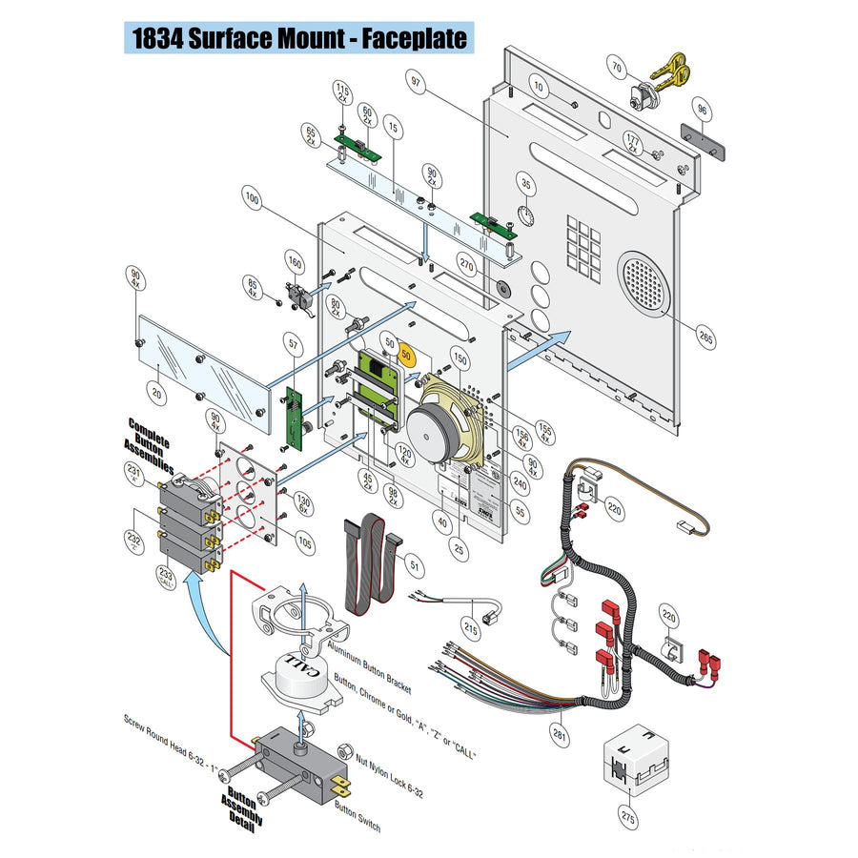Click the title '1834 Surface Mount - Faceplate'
coord(299,37)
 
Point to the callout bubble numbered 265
coord(705,337)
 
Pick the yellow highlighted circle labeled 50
coord(407,354)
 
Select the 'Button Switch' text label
coord(357,816)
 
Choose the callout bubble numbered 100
coord(252,201)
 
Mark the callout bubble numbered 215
coord(471,627)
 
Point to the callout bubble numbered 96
coord(702,110)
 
